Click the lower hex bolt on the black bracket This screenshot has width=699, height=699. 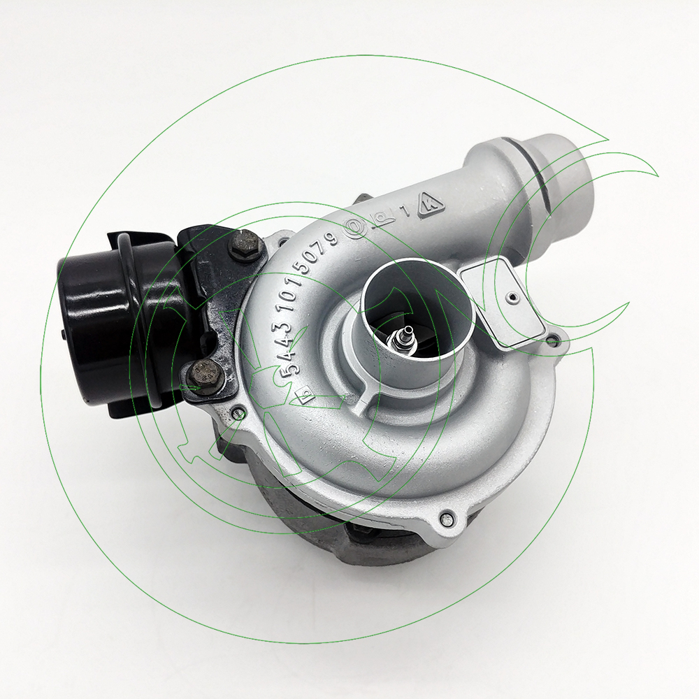tap(204, 375)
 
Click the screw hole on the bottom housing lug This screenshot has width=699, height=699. tap(447, 518)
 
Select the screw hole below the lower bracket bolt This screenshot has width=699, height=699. tap(238, 412)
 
